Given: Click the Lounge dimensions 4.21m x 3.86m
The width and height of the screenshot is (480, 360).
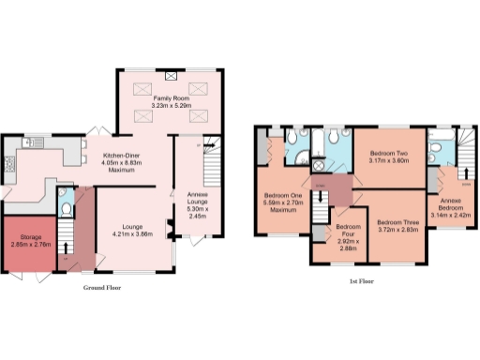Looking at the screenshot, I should [132, 232].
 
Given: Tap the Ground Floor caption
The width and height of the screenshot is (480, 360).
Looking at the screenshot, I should [101, 288].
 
